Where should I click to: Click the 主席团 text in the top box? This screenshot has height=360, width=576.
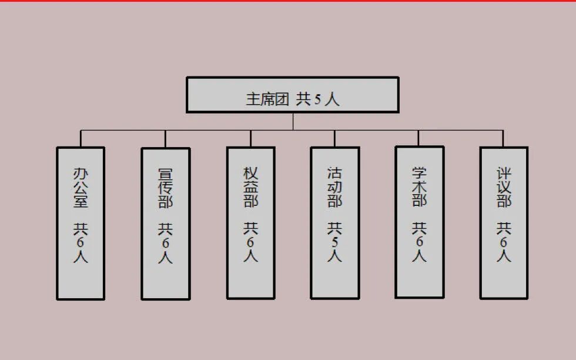pos(267,98)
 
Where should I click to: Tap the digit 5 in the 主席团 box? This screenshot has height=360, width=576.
pos(318,99)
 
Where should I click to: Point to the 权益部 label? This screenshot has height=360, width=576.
pos(251,188)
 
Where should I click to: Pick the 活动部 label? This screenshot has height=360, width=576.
pos(335,188)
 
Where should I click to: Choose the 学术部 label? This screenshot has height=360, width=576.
pos(419,186)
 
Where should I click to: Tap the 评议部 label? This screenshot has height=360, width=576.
pos(504,188)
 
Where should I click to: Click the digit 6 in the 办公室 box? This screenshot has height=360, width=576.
pos(81,242)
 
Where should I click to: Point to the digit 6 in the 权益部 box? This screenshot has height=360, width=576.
pos(251,242)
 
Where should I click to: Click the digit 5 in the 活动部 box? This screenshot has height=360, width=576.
pos(335,242)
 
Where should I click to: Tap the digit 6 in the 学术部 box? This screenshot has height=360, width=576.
pos(419,242)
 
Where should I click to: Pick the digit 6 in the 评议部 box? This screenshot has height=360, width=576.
pos(504,242)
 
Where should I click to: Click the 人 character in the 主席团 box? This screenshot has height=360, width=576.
pos(332,98)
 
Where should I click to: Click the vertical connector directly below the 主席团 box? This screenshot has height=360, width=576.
pos(293,121)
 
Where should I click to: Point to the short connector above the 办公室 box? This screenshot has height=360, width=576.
pos(81,138)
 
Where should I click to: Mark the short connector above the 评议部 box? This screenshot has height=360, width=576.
pos(503,138)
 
